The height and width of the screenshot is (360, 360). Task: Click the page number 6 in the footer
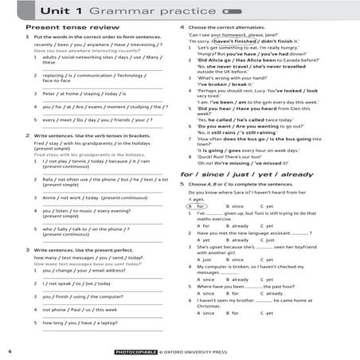pos(10,350)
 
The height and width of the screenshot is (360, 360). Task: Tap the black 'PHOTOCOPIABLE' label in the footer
pos(135,351)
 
